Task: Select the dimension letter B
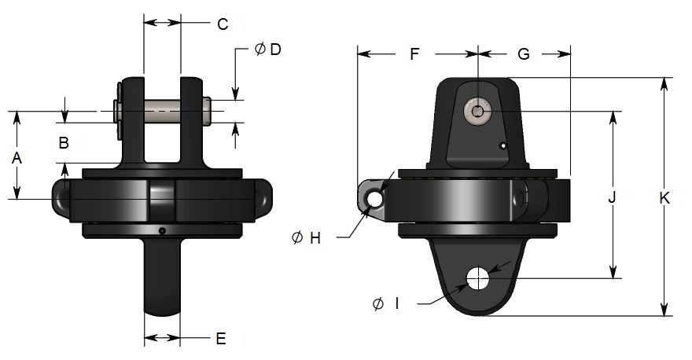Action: click(64, 143)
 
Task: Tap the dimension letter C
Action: click(223, 24)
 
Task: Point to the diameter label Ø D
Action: click(268, 50)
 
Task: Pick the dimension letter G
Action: click(524, 54)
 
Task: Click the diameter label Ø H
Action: click(306, 238)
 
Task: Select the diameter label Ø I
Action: click(385, 303)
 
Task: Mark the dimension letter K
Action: click(664, 200)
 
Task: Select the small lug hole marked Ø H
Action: click(375, 200)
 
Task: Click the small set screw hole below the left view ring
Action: click(160, 231)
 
